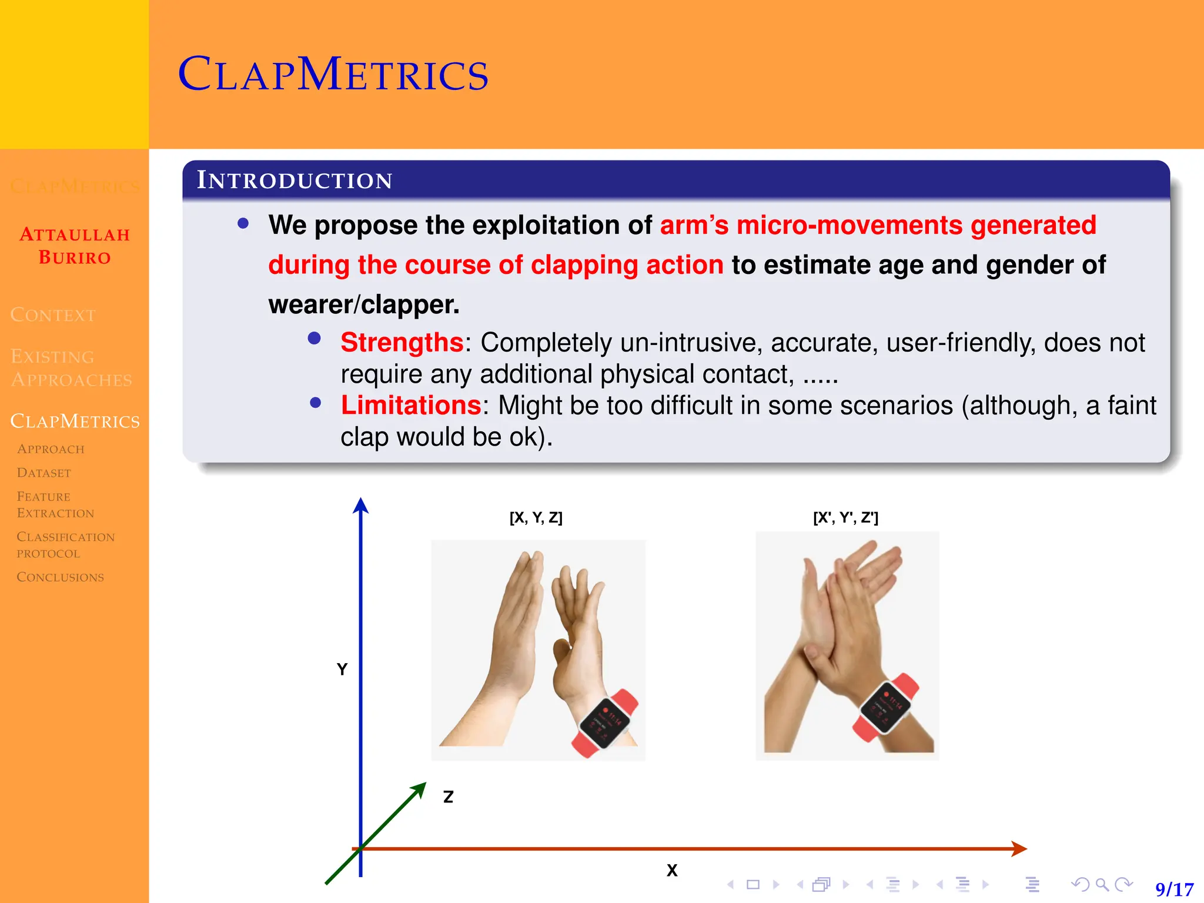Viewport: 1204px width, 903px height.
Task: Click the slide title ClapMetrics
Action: tap(333, 75)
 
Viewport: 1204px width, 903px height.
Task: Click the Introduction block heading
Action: tap(294, 180)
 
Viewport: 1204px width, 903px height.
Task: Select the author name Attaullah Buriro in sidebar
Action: tap(75, 246)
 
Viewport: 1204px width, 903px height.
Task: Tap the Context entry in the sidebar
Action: tap(53, 315)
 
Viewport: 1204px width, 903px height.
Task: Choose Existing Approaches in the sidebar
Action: tap(71, 368)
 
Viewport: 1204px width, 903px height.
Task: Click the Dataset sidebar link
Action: tap(44, 473)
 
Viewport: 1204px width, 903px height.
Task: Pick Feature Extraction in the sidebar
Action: tap(55, 504)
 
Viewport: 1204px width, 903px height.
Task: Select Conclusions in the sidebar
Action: tap(60, 577)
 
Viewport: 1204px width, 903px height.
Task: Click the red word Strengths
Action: tap(402, 342)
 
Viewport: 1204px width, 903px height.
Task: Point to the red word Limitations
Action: tap(411, 405)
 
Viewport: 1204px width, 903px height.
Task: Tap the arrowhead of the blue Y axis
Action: tap(360, 505)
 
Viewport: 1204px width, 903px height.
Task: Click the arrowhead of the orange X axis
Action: tap(1020, 848)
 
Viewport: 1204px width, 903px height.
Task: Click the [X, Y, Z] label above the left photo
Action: tap(536, 517)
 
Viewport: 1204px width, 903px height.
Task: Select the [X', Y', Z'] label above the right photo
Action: tap(845, 517)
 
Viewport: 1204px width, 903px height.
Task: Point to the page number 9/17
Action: tap(1174, 889)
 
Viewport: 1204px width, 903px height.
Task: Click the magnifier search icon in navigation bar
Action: tap(1102, 884)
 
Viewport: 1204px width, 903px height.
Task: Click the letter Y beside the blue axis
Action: tap(342, 669)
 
